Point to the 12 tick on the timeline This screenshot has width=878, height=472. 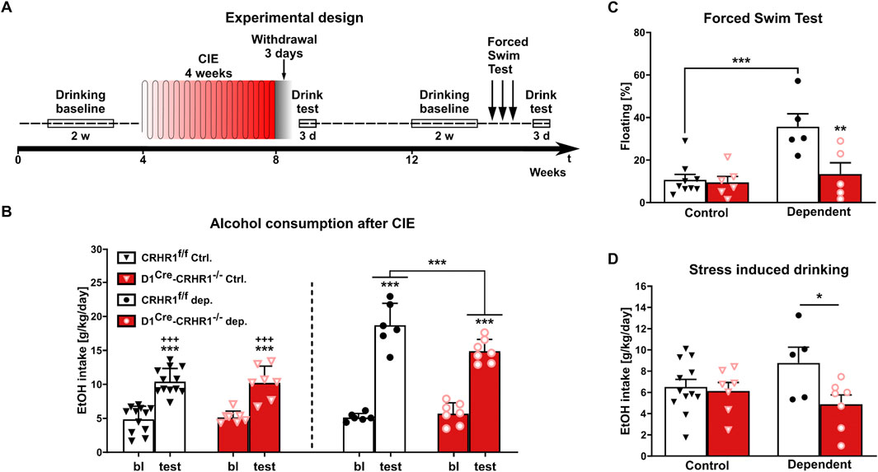tap(411, 160)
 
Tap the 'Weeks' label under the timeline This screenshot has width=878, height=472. tap(547, 172)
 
